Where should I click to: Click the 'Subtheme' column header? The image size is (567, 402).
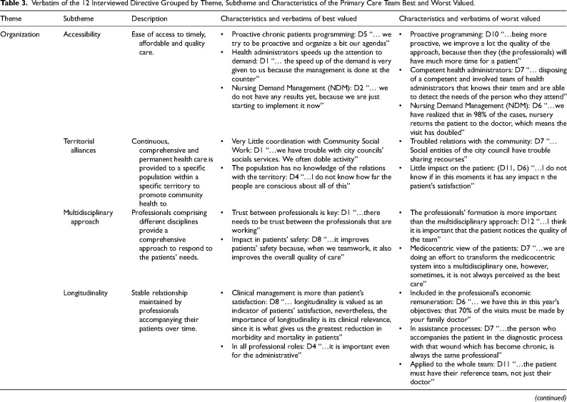pyautogui.click(x=79, y=20)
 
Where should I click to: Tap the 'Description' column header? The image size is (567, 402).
pyautogui.click(x=149, y=20)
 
